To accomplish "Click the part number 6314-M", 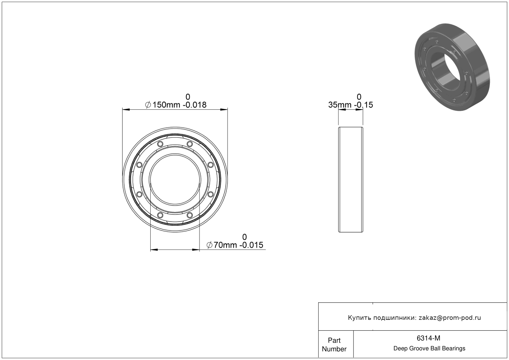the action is (x=428, y=338).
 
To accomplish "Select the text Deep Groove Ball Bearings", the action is (x=429, y=349).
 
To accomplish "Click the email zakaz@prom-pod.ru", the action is (x=450, y=318).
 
